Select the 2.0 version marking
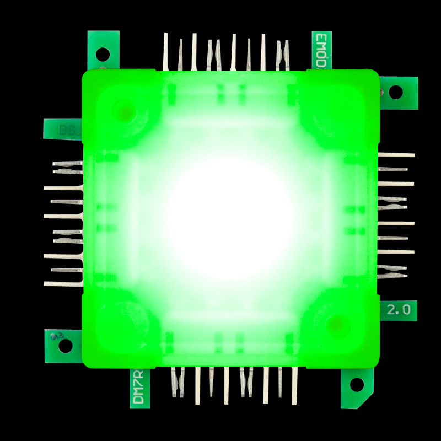click(x=398, y=310)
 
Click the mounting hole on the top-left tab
click(x=103, y=53)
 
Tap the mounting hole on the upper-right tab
click(x=396, y=92)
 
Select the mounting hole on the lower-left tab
click(x=65, y=346)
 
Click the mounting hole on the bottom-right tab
click(x=356, y=384)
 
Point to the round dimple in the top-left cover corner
click(x=124, y=110)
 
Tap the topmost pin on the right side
click(x=396, y=155)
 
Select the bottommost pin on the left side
click(x=63, y=284)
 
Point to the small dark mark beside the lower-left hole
click(x=56, y=335)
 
